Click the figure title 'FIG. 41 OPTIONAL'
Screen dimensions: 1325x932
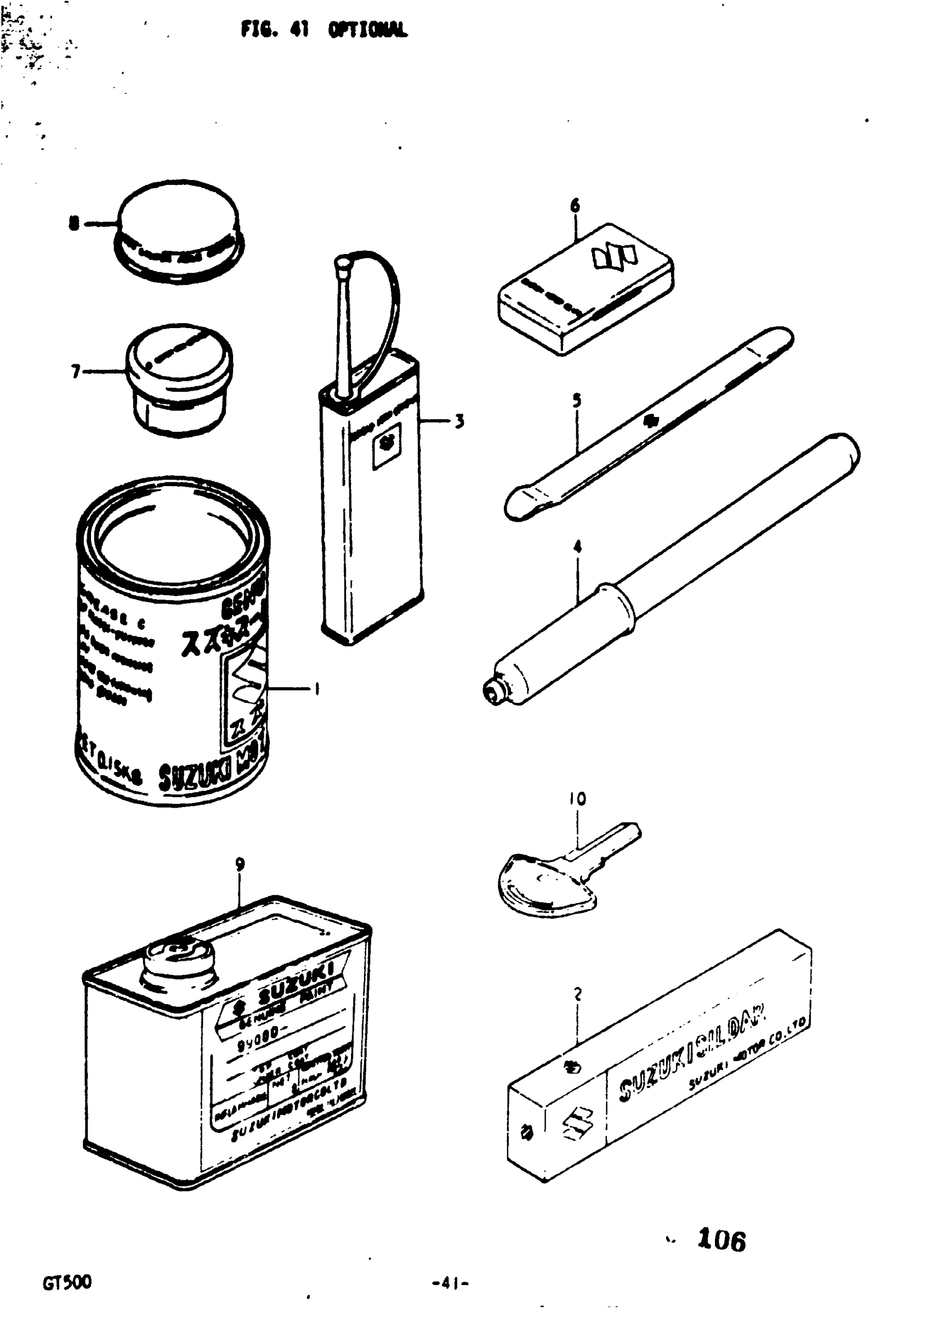pos(324,29)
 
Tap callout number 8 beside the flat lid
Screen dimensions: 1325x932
pos(74,223)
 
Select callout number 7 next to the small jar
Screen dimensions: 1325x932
pos(76,371)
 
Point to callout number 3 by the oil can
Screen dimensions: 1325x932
pos(459,421)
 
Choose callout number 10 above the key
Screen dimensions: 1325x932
pos(577,799)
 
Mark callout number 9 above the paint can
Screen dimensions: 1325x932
pos(240,865)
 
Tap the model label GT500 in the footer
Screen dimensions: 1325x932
pos(67,1282)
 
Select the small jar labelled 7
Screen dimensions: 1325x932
pos(179,377)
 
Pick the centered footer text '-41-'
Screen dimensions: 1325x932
pos(451,1283)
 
